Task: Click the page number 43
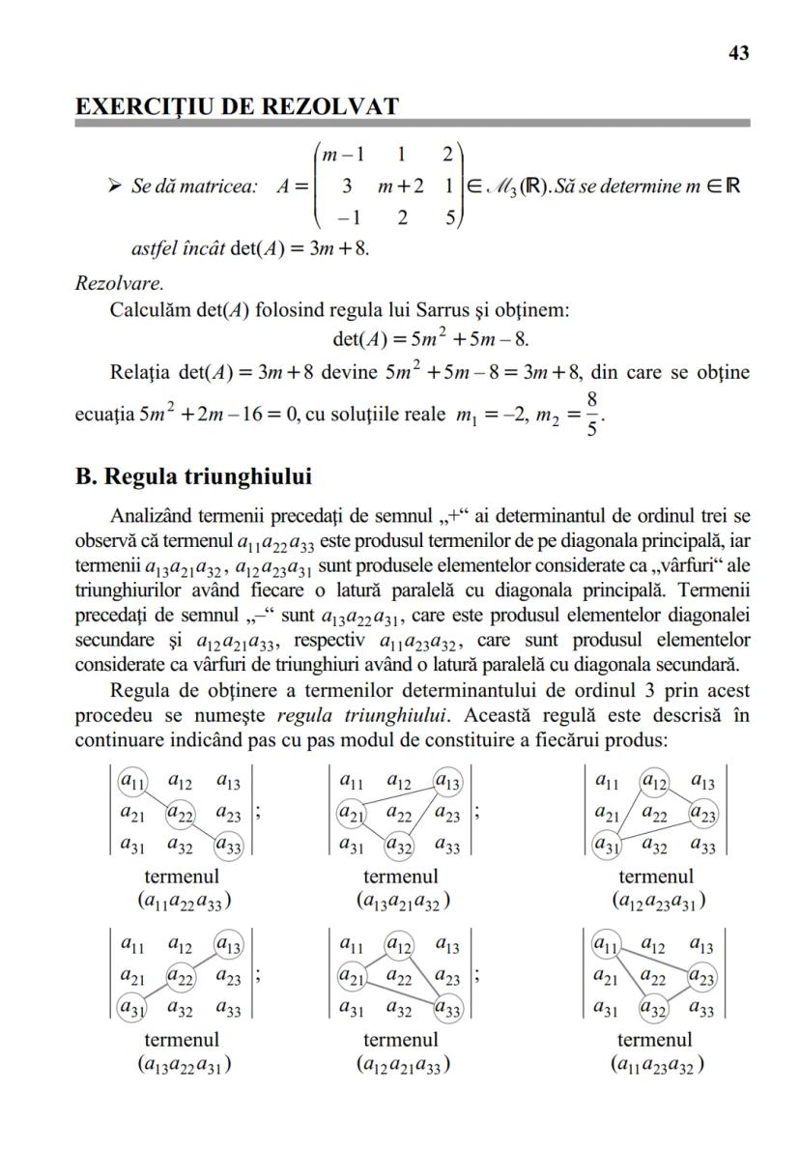click(x=738, y=54)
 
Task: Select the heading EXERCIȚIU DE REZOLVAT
click(x=237, y=107)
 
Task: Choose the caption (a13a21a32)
click(x=400, y=902)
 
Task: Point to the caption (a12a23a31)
click(x=656, y=902)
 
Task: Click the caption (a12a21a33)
click(x=400, y=1065)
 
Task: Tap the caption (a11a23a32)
click(x=656, y=1065)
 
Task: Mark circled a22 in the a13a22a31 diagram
click(x=181, y=977)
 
